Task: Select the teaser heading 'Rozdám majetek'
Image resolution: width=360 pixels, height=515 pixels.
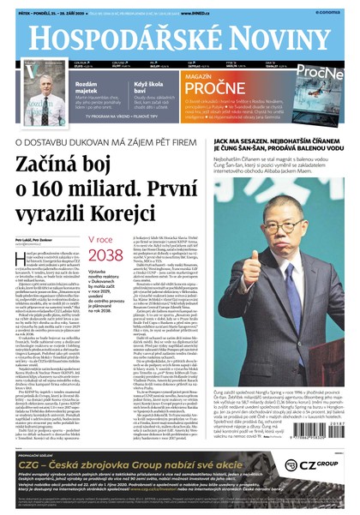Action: pyautogui.click(x=91, y=81)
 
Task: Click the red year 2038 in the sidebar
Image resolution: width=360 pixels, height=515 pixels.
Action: pyautogui.click(x=105, y=257)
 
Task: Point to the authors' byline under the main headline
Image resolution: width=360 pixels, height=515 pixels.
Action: pyautogui.click(x=34, y=241)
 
